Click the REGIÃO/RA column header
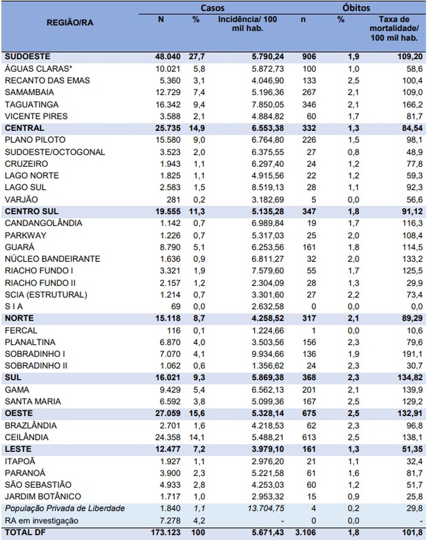point(70,23)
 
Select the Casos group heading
point(213,8)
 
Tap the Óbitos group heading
point(356,8)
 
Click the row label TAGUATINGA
point(31,104)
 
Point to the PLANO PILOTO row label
point(35,140)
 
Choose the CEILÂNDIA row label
point(27,437)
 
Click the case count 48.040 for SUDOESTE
point(167,57)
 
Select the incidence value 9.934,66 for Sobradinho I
point(267,354)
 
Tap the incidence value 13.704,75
point(266,508)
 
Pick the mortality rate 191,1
point(412,354)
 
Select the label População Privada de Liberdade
point(65,508)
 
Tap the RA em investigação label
point(42,520)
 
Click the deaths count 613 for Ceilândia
point(309,437)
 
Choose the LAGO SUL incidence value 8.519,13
point(267,187)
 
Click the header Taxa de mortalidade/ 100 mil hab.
point(394,28)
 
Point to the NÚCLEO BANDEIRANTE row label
point(52,259)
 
